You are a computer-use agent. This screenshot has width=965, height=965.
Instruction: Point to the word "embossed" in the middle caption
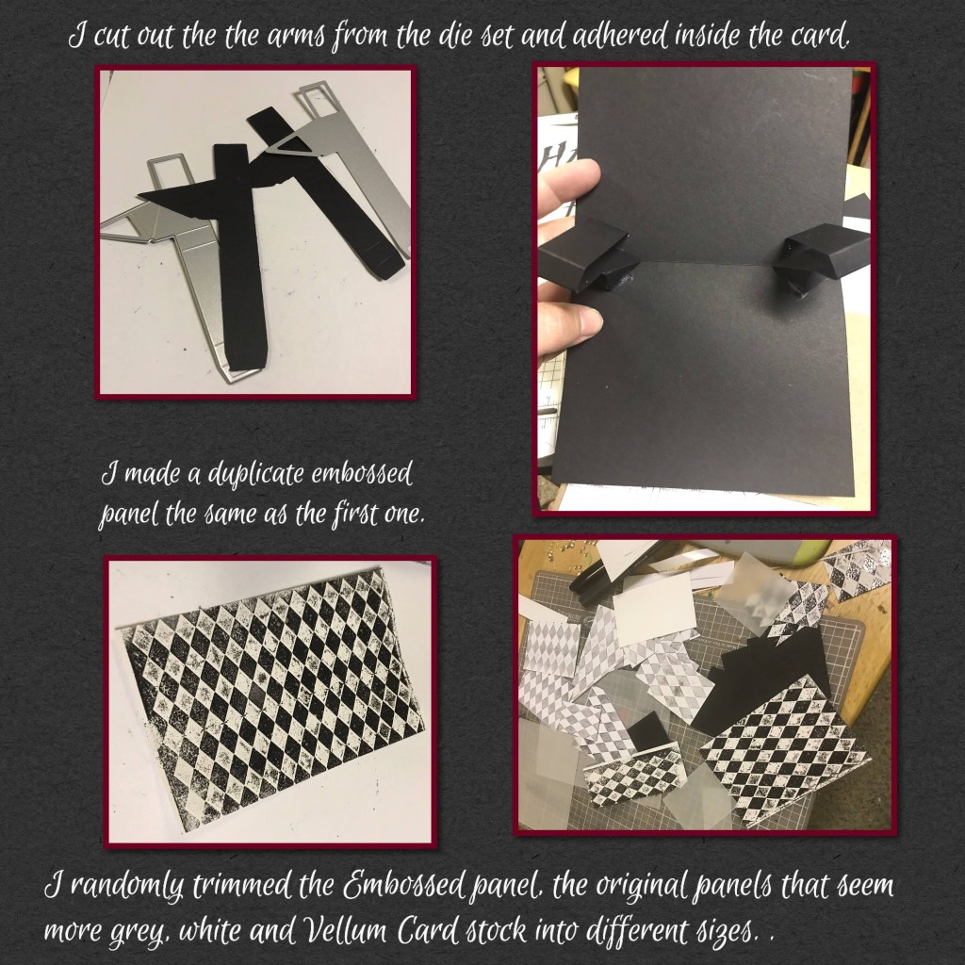(361, 475)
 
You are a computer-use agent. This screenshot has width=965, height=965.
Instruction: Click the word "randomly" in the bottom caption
(126, 887)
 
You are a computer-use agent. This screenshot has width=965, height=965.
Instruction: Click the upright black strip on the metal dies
(240, 255)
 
